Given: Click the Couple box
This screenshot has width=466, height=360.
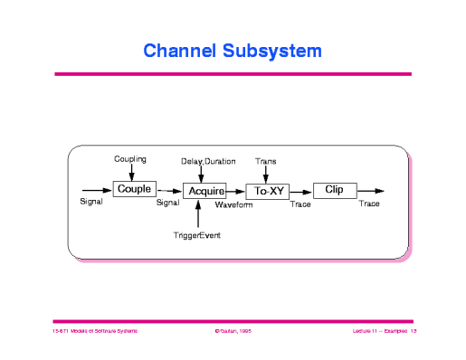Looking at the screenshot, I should [133, 189].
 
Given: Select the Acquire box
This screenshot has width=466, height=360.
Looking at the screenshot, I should [205, 191].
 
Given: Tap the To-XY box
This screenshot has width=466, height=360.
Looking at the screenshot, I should [266, 191].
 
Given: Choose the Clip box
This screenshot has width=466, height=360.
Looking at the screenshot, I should [334, 189].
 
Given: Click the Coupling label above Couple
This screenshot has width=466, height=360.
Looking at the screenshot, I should [130, 159].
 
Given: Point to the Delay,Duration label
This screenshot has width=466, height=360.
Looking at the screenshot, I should [208, 161].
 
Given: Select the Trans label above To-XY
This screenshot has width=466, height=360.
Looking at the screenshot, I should [266, 161].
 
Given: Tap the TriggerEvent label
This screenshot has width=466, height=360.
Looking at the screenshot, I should [197, 235].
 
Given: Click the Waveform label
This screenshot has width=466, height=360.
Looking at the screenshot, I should [233, 205].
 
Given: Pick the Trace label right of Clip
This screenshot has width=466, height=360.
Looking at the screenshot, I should [369, 204].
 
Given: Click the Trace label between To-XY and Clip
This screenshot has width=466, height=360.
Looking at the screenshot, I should [300, 205].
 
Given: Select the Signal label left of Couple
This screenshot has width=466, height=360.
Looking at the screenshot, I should [91, 202].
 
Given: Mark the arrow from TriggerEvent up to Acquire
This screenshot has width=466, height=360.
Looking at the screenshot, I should [198, 215].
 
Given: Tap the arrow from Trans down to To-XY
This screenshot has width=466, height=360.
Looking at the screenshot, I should [266, 174].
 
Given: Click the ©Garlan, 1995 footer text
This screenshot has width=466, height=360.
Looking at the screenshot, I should [233, 332].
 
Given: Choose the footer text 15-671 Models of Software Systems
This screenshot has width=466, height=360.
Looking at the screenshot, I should [94, 332].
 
